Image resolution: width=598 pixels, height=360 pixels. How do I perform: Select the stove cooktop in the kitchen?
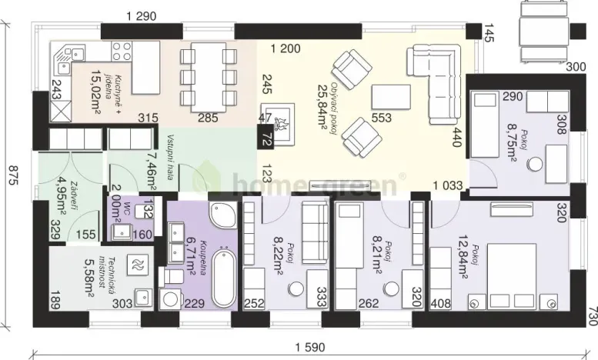pyautogui.click(x=122, y=52)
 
